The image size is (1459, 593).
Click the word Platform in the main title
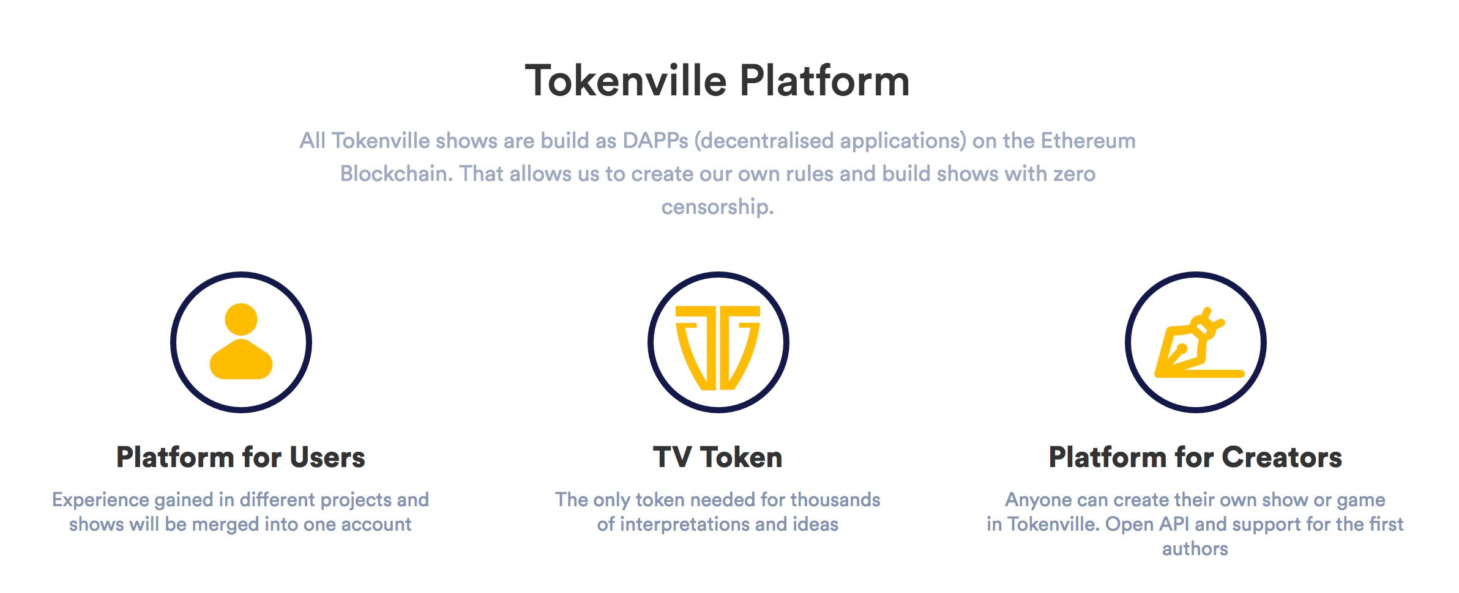pyautogui.click(x=825, y=81)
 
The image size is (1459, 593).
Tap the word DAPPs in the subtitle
pyautogui.click(x=655, y=141)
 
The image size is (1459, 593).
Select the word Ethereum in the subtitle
pyautogui.click(x=1088, y=141)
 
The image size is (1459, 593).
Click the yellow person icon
pyautogui.click(x=241, y=341)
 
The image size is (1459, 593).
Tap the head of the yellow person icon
pyautogui.click(x=241, y=319)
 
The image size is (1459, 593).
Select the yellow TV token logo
pyautogui.click(x=718, y=347)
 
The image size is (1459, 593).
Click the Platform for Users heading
pyautogui.click(x=241, y=457)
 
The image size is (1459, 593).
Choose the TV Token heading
pyautogui.click(x=718, y=457)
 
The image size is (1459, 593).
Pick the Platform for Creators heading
pyautogui.click(x=1195, y=457)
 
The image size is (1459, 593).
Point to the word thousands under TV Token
pyautogui.click(x=835, y=499)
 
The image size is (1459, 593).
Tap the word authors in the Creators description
pyautogui.click(x=1195, y=549)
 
